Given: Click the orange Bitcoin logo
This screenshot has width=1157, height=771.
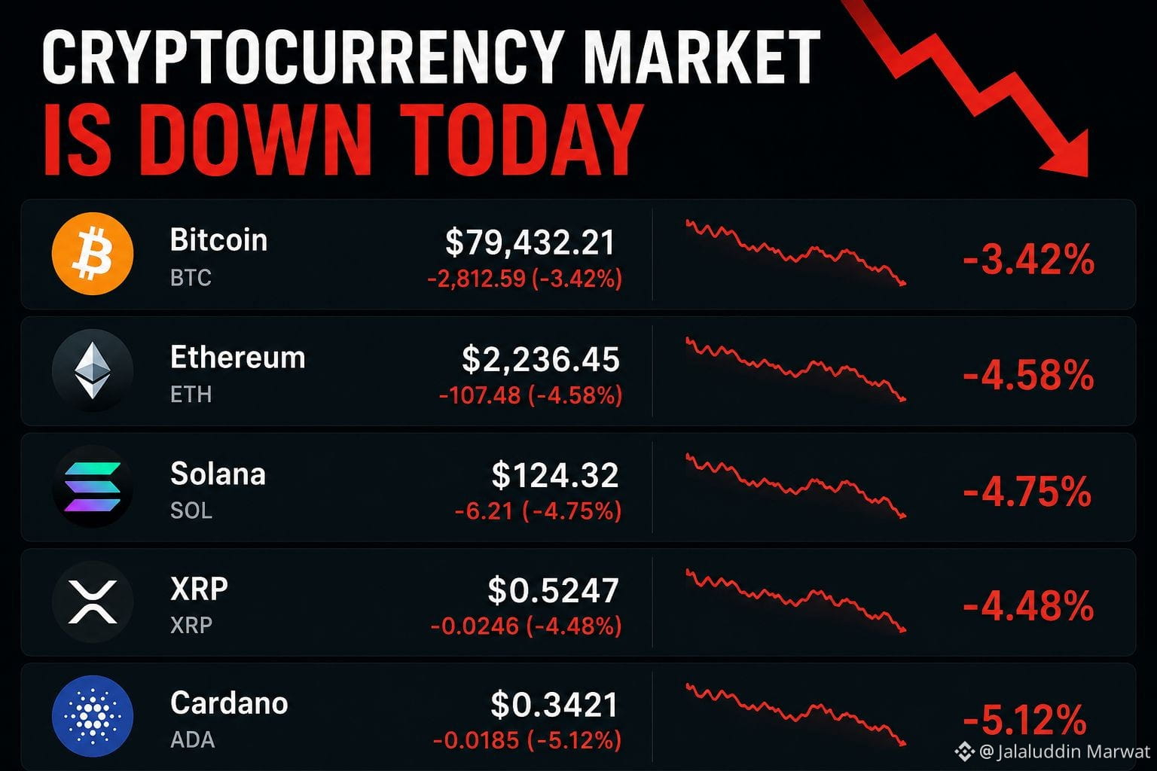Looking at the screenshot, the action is (93, 254).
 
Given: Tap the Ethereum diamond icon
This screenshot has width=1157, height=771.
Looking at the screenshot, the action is (93, 370).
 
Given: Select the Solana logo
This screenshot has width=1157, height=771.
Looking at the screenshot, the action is (93, 486).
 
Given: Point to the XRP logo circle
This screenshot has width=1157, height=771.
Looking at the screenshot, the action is (93, 602).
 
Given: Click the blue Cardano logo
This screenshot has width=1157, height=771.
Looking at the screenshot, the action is (93, 716).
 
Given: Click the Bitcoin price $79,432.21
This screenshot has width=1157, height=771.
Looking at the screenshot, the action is (530, 242).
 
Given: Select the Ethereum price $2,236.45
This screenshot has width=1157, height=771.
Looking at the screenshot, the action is (540, 359).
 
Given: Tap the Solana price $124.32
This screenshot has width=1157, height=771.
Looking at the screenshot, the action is (554, 475).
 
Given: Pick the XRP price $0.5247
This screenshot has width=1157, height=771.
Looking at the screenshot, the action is (553, 590).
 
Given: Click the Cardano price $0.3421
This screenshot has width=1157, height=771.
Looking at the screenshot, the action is (554, 705).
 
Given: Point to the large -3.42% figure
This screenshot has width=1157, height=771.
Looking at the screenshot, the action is (1028, 259).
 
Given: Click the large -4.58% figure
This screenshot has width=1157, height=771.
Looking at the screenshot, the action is (1028, 375).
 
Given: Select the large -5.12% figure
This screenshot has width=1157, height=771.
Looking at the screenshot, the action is (1024, 719).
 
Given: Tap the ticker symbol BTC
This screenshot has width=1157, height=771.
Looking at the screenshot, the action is (191, 278).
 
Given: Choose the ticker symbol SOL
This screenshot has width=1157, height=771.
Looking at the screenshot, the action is (191, 510).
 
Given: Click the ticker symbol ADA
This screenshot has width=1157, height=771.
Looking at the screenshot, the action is (192, 740).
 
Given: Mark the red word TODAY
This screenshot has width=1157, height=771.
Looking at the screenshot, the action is (522, 139).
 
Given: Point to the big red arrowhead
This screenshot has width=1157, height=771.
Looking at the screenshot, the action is (1067, 154).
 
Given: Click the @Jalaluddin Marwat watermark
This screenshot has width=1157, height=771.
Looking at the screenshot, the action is (1052, 751).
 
